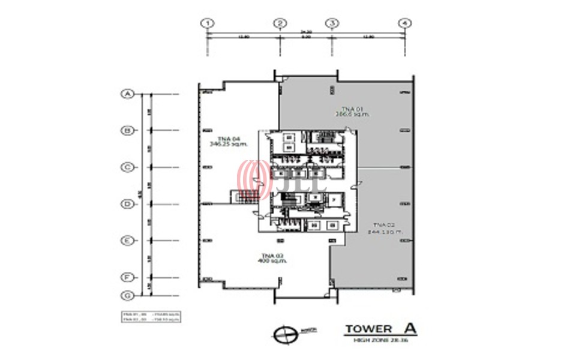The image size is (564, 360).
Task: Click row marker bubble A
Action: click(x=127, y=94)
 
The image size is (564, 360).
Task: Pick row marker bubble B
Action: click(x=127, y=130)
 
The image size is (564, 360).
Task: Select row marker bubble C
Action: click(x=127, y=167)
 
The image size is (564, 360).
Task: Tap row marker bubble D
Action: click(x=127, y=204)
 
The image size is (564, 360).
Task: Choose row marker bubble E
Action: click(x=127, y=241)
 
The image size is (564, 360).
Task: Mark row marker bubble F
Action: click(x=127, y=278)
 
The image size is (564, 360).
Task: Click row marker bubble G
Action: click(x=127, y=295)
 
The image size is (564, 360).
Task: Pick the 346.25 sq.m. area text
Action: click(x=217, y=143)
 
